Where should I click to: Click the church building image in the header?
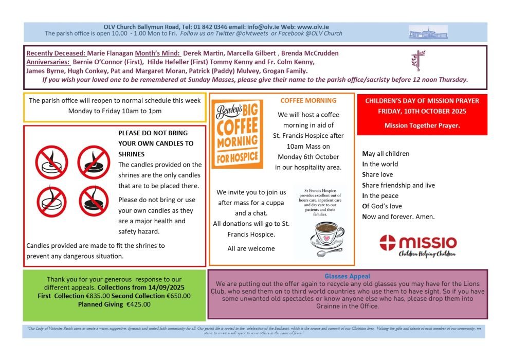pyautogui.click(x=428, y=32)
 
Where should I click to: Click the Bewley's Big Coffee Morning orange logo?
pyautogui.click(x=237, y=134)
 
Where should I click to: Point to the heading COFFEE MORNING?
pyautogui.click(x=308, y=101)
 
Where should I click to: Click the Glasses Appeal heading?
pyautogui.click(x=348, y=277)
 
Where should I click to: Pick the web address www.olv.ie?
pyautogui.click(x=313, y=27)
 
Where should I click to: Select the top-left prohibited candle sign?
pyautogui.click(x=52, y=162)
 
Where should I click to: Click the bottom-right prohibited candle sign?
pyautogui.click(x=94, y=202)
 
